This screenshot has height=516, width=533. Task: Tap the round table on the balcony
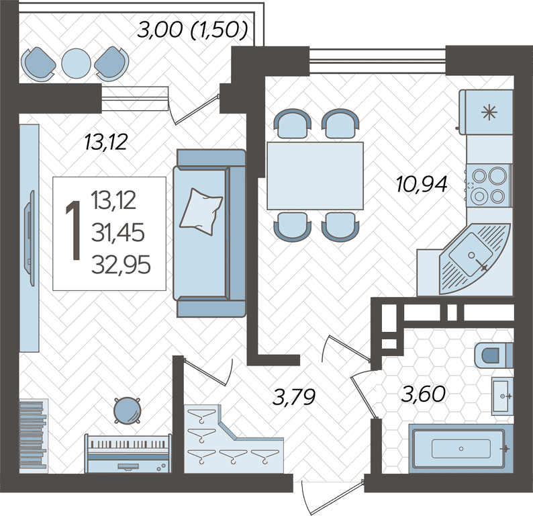76,64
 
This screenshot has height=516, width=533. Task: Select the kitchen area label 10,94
422,184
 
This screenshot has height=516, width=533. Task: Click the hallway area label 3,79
295,396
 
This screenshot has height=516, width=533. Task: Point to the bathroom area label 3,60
424,394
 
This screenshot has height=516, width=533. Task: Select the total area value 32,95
121,265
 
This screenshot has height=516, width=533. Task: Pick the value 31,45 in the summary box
118,232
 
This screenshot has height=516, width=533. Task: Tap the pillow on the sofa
201,212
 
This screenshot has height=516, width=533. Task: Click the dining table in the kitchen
315,175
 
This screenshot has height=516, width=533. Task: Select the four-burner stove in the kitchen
489,185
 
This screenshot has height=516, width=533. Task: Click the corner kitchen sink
475,259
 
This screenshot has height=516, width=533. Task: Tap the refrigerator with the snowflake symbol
486,112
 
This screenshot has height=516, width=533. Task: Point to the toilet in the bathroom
493,355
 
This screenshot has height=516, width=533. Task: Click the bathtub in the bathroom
461,449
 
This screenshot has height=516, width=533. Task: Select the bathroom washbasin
502,396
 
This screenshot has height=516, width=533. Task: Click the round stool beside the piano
126,411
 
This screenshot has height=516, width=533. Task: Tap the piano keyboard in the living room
128,453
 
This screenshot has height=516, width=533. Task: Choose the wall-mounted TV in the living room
30,238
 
